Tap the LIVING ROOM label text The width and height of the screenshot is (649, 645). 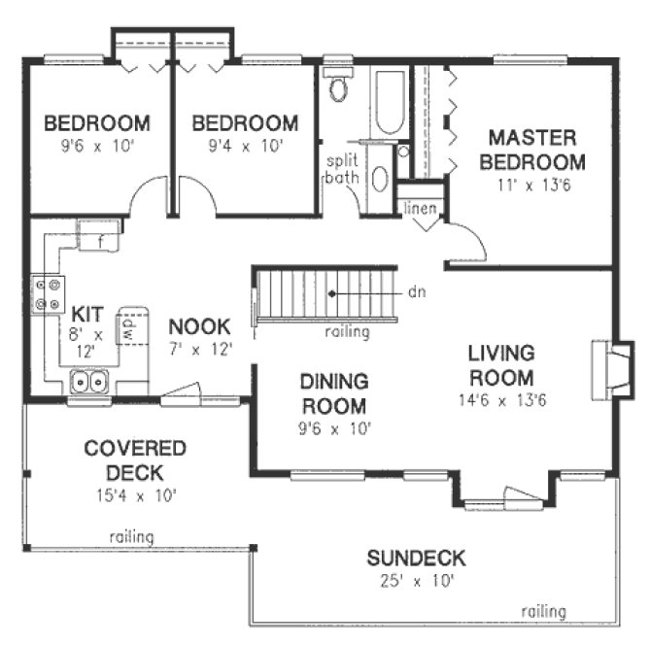click(499, 364)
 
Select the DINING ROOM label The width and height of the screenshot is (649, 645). click(333, 392)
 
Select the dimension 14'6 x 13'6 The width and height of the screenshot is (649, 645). click(499, 399)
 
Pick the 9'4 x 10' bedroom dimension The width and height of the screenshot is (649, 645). click(244, 147)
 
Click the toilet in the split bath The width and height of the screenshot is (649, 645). click(339, 88)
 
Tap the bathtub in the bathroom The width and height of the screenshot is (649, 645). click(389, 102)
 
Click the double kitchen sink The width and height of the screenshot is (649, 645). click(88, 382)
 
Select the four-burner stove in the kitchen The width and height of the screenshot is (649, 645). click(49, 294)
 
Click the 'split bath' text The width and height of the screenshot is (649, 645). click(342, 170)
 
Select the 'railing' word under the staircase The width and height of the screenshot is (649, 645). click(347, 332)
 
